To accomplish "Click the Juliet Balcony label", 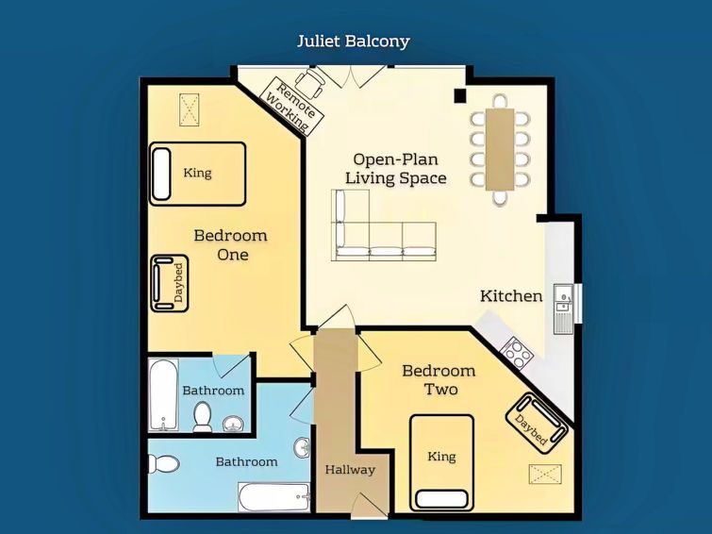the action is [354, 42].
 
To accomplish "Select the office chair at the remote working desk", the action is [310, 83].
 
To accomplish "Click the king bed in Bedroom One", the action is [197, 174].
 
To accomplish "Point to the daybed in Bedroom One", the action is [170, 283].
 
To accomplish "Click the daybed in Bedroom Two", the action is [537, 423].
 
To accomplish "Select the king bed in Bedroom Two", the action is [442, 462].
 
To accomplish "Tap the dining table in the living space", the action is [500, 149].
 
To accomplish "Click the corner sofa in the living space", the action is [384, 225].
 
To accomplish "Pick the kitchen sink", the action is [563, 309].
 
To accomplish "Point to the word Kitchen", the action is [511, 296].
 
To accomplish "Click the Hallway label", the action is [350, 470].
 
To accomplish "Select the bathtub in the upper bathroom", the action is [163, 394].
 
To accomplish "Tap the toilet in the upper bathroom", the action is [202, 416].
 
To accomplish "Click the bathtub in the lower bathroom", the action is [273, 497].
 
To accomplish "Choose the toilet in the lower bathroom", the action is [163, 464].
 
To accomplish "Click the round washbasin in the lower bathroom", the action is [302, 447].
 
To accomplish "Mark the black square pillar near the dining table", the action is [460, 95].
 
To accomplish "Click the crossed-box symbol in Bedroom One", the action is [190, 109].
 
